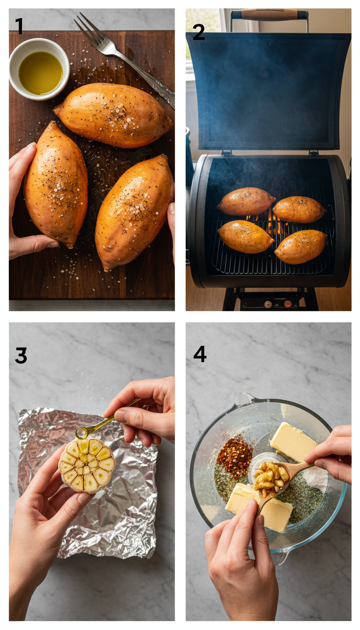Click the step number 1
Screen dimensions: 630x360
19,27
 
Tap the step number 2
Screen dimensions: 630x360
199,32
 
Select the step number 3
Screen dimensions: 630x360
21,355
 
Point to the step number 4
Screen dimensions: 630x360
200,354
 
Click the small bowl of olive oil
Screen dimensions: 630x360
40,73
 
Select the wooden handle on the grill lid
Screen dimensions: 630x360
270,15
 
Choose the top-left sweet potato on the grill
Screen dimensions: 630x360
246,201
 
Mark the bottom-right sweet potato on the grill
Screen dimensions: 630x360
300,247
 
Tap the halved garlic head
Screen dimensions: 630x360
87,465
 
